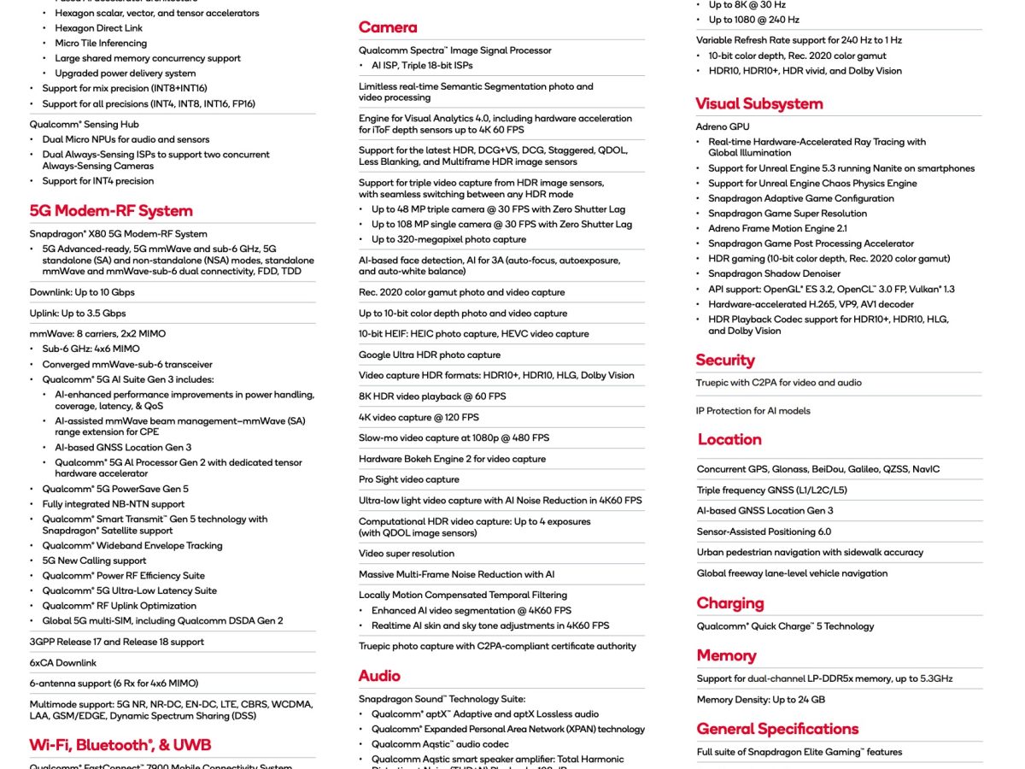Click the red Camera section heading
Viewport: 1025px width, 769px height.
click(388, 27)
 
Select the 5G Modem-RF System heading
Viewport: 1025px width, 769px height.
click(111, 211)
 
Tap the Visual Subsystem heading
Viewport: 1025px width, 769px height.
click(758, 104)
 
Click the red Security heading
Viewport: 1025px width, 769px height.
click(724, 361)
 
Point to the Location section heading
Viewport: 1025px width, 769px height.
click(729, 439)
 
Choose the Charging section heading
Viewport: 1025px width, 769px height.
click(729, 603)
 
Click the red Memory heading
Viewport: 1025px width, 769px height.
click(726, 655)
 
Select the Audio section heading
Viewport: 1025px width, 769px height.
click(379, 676)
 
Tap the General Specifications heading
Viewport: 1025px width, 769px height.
click(777, 729)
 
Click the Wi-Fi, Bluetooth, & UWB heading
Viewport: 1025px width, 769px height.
click(120, 745)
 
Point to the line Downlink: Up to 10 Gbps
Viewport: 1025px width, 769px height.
click(82, 292)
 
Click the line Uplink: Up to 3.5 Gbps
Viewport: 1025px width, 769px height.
click(78, 314)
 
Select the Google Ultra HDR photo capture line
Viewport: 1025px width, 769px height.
click(430, 355)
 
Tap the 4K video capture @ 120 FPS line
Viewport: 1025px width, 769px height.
click(419, 417)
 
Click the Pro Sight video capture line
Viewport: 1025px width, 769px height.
click(409, 479)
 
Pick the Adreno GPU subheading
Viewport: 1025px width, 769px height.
click(723, 126)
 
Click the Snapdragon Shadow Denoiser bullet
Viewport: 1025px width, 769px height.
click(775, 273)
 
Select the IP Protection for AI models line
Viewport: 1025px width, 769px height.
click(753, 410)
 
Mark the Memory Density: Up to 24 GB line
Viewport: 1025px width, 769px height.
click(760, 699)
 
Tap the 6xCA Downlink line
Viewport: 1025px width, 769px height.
click(63, 662)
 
